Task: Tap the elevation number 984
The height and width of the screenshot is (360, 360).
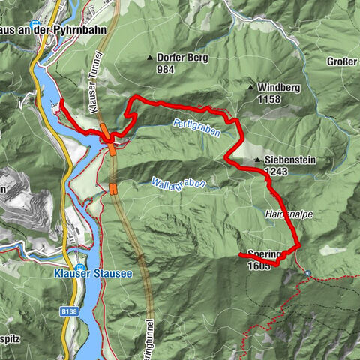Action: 166,69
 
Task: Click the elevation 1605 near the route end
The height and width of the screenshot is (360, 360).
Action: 258,265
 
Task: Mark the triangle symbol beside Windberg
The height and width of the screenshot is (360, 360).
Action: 250,88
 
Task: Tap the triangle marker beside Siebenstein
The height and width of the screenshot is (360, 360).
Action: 257,160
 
